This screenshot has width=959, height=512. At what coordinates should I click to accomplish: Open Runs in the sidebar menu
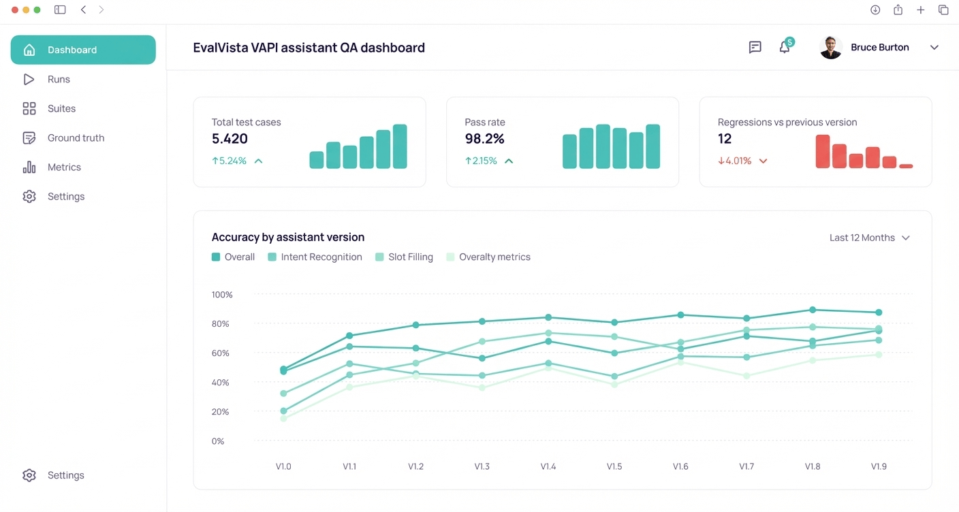click(59, 79)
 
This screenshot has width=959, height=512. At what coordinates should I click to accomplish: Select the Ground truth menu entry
click(76, 138)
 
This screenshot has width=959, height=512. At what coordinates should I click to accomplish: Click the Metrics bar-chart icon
click(29, 167)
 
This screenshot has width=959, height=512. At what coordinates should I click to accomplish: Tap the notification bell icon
click(785, 47)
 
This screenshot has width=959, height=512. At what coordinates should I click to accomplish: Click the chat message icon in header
click(755, 47)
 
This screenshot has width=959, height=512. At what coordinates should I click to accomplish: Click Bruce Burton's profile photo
click(830, 47)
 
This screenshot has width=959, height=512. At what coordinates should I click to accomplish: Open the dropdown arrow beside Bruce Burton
click(934, 47)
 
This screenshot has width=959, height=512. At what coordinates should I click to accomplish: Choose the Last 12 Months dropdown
click(869, 238)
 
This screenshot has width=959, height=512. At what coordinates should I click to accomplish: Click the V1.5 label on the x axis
click(614, 466)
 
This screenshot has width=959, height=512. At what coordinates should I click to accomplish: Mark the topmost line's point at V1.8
click(813, 310)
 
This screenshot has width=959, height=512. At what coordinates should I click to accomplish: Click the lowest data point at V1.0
click(283, 418)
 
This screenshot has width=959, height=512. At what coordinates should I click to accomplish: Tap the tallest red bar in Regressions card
click(823, 151)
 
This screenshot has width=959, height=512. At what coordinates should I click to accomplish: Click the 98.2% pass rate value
click(484, 139)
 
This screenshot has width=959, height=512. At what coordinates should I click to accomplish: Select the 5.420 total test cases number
click(230, 139)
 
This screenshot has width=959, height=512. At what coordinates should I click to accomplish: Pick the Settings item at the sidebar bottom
click(65, 475)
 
